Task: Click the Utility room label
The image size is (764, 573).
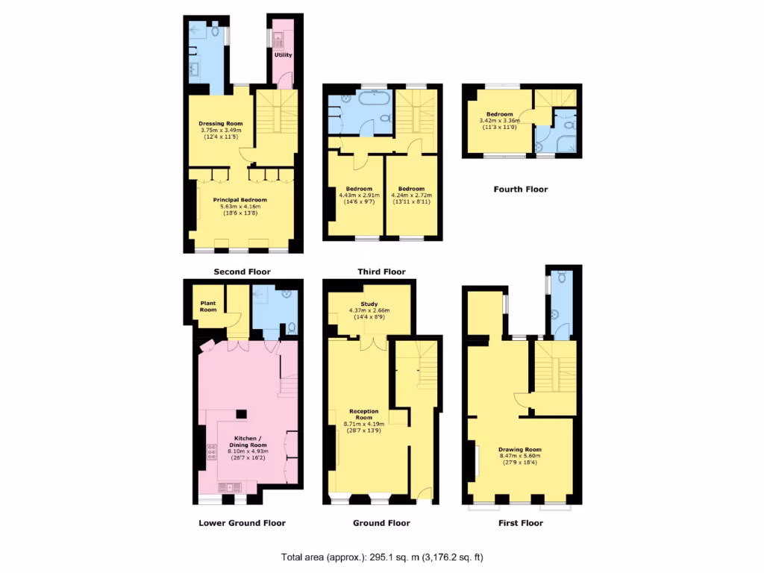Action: coord(284,54)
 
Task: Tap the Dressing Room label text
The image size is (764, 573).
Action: coord(221,123)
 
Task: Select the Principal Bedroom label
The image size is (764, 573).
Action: coord(239,200)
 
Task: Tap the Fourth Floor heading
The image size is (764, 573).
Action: coord(520,190)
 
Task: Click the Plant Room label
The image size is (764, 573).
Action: coord(208,306)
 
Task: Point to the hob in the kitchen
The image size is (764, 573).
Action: coord(212,451)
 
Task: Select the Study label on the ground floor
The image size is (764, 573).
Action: coord(369,304)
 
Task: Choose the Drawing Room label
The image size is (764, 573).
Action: coord(520,450)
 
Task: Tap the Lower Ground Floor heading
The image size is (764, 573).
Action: coord(242,523)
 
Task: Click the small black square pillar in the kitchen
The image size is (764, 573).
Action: coord(240,413)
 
